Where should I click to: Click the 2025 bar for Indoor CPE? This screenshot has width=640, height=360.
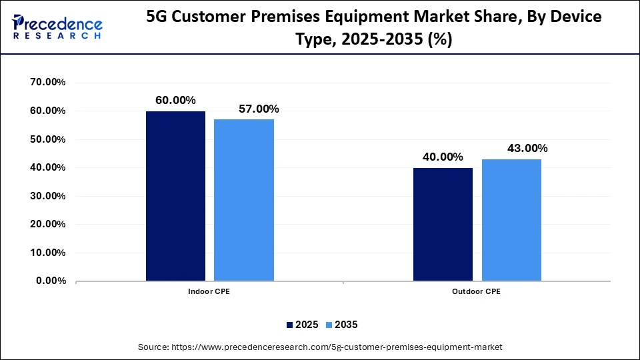click(175, 196)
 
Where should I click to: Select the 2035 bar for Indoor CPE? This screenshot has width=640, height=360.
click(244, 200)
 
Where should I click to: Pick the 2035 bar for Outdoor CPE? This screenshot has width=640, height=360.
click(511, 220)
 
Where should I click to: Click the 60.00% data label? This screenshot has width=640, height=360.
click(175, 100)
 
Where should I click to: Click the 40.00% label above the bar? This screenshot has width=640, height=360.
click(443, 157)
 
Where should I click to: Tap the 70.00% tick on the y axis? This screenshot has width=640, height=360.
click(47, 83)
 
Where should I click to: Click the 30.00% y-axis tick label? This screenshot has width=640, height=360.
click(47, 196)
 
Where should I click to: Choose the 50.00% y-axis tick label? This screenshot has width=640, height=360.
click(47, 139)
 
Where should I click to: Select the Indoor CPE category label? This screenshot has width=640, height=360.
click(209, 292)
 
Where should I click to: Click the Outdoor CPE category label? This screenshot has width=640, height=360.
click(477, 292)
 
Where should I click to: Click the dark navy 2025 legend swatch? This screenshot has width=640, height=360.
click(290, 325)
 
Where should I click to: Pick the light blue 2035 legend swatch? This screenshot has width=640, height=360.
click(329, 325)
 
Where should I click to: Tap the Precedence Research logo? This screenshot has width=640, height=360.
click(57, 27)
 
